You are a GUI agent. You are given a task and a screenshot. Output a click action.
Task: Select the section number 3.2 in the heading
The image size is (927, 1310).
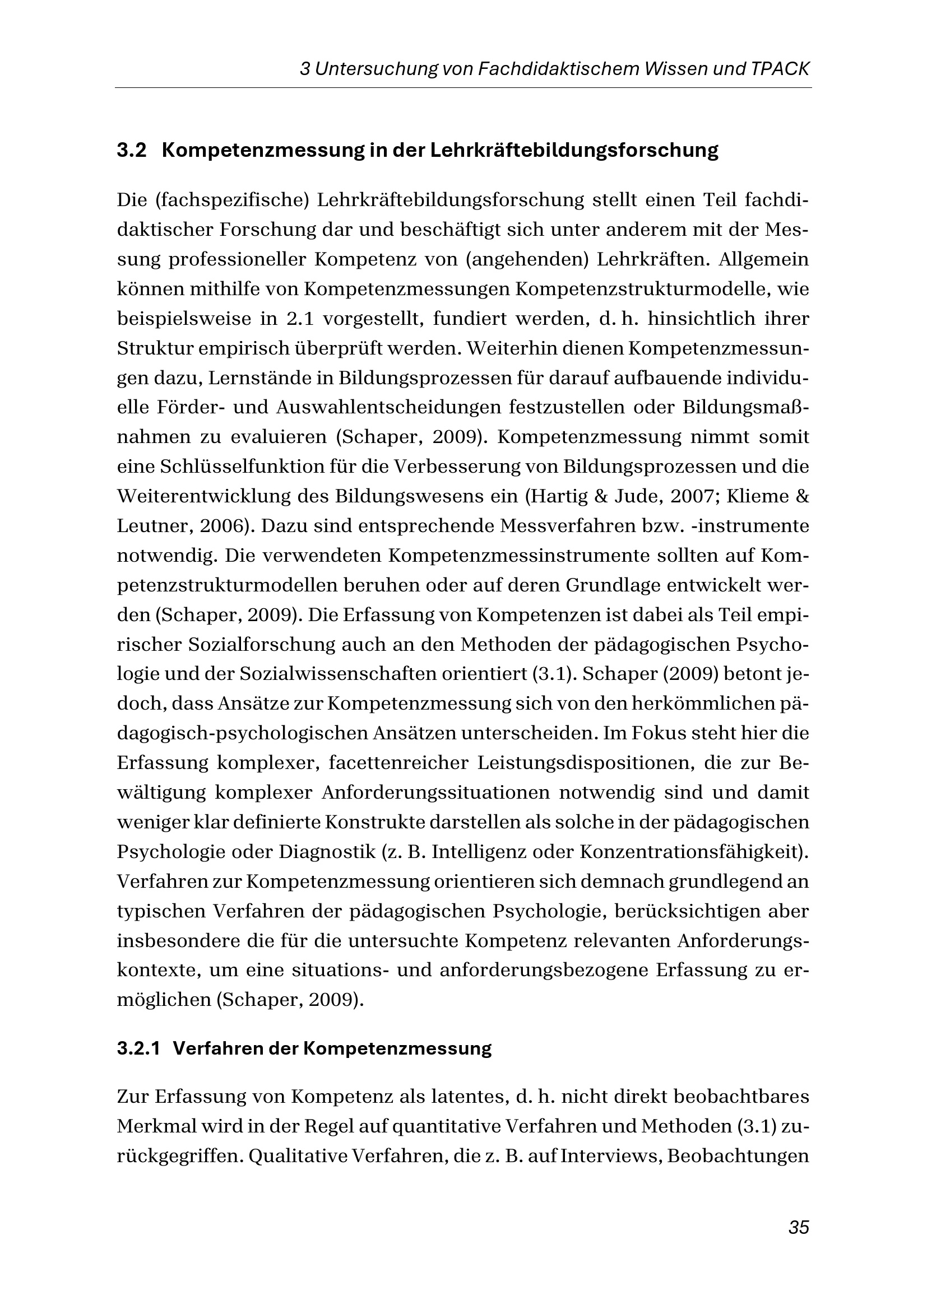pyautogui.click(x=132, y=151)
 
